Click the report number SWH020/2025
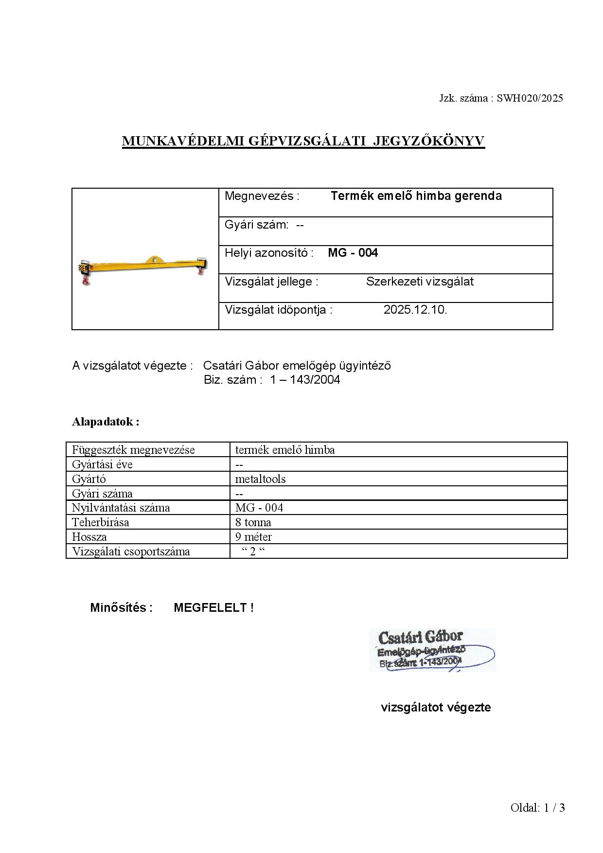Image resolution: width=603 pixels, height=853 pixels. pos(530,98)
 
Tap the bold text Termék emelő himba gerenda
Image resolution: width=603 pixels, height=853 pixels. pos(416,196)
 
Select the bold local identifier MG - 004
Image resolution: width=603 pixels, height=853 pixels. pos(353,253)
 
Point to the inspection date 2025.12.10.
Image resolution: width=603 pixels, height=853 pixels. pos(415,310)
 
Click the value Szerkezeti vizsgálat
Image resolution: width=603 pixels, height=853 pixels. pos(420,282)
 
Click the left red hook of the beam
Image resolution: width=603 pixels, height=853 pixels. pos(86,281)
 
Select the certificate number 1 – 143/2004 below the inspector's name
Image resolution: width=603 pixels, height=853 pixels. pos(305,380)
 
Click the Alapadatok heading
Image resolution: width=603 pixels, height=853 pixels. pos(106,422)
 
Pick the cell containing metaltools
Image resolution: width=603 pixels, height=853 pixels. pos(260,479)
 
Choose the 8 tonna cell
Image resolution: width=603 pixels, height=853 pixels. pos(253,522)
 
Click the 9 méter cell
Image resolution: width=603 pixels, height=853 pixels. pos(253,537)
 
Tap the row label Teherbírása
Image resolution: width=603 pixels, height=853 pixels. pos(101,522)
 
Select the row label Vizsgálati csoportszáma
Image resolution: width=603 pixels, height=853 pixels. pos(131,551)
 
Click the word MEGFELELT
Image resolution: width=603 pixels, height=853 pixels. pos(211,608)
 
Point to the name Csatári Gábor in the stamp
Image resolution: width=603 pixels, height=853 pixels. pos(420,637)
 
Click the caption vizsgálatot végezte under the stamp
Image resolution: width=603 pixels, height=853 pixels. pos(436,708)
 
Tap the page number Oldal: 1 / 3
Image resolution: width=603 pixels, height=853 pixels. pos(537,808)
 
